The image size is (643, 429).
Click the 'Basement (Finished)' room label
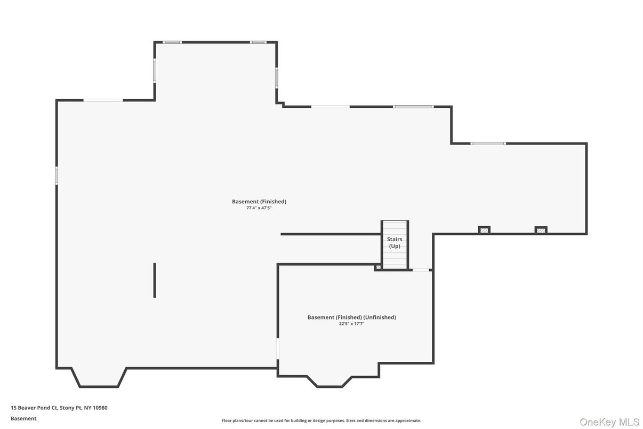259,202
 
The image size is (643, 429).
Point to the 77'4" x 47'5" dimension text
259,208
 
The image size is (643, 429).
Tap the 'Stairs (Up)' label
395,243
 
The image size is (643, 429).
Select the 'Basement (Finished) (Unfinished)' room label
351,317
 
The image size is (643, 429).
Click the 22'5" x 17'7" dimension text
351,324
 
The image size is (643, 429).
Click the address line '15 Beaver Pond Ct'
59,408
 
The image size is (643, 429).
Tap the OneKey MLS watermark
609,422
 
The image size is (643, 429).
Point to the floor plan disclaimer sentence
321,420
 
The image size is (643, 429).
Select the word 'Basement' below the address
23,418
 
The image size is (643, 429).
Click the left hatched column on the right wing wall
484,230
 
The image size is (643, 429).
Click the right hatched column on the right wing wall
541,230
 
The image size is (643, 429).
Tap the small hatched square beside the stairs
379,267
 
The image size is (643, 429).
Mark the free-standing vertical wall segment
155,280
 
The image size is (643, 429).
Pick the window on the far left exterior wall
57,176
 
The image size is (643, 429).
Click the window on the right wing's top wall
488,143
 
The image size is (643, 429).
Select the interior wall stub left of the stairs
331,234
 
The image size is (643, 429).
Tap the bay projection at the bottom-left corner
99,378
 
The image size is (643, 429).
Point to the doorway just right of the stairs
421,270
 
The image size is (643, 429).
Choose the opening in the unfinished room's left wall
278,348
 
